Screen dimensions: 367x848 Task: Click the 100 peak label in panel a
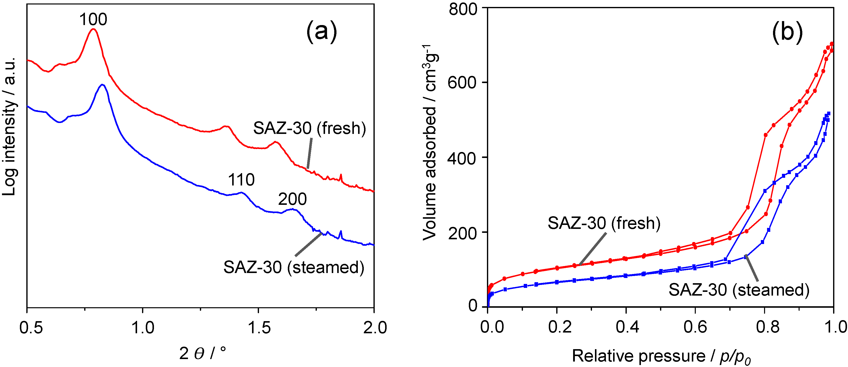(x=93, y=19)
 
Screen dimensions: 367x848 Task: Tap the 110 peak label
(x=241, y=180)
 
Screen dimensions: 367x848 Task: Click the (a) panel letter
(x=321, y=32)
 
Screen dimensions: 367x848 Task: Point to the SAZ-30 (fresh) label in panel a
(x=309, y=128)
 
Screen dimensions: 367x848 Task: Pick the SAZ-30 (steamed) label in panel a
(x=294, y=267)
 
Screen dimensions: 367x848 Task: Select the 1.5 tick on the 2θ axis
(x=258, y=328)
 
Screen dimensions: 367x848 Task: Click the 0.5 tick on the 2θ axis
(x=31, y=328)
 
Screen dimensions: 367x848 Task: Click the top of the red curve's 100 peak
(x=93, y=29)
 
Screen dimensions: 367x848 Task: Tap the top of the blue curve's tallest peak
(x=102, y=85)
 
